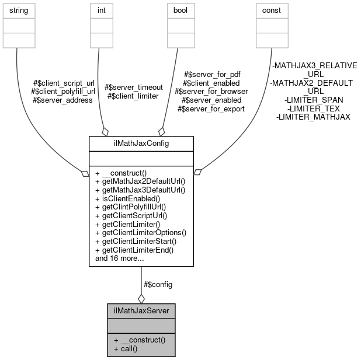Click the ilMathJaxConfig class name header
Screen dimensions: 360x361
141,144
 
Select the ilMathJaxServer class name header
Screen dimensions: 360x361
141,310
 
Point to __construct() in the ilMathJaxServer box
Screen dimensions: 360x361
140,340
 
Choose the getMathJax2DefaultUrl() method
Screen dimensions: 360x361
140,181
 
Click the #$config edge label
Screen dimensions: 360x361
158,284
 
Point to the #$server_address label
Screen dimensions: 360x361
63,100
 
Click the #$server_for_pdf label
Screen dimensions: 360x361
212,74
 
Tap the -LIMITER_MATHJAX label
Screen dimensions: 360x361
313,117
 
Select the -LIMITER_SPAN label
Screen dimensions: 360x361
313,100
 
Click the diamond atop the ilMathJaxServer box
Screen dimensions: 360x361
141,299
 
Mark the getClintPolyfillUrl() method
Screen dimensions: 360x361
134,207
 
